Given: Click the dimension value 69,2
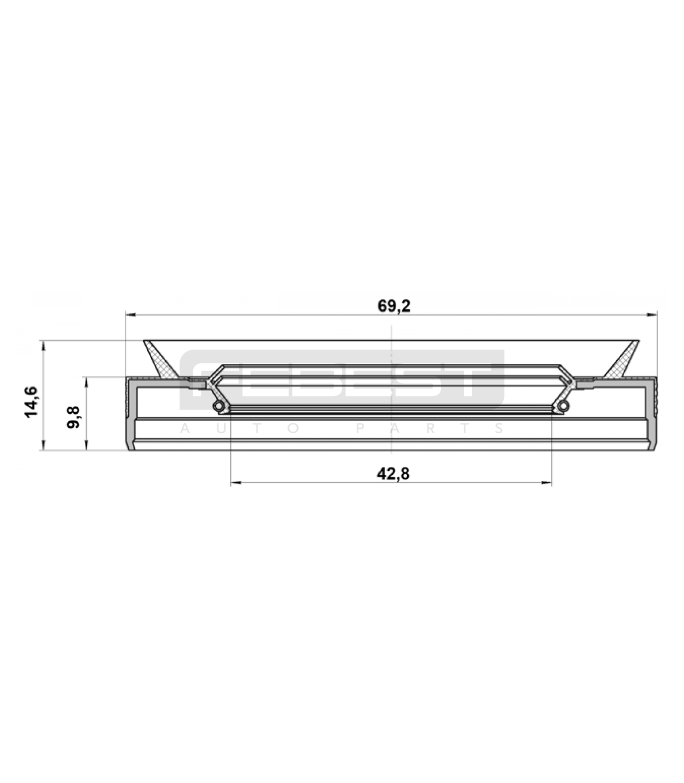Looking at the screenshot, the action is point(394,306).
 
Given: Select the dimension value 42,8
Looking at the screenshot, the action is point(393,474).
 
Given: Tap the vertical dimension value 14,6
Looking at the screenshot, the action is point(31,402).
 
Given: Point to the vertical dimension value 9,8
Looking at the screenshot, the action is point(73,418).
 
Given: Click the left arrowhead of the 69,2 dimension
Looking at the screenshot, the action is point(131,314).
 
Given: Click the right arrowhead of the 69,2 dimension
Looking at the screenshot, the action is point(652,314).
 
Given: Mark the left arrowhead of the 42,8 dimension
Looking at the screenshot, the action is point(236,483).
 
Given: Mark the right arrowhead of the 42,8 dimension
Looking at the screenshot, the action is point(547,483).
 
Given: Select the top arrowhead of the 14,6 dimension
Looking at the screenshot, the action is point(43,346).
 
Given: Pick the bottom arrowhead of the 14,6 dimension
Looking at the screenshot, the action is point(43,445).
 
